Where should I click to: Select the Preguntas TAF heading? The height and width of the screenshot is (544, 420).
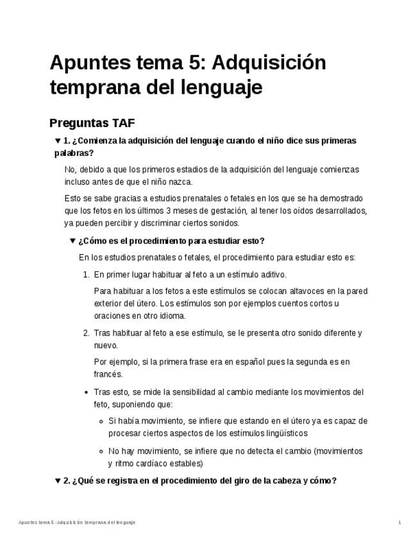pyautogui.click(x=92, y=123)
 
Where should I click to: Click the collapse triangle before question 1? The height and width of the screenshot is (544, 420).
pyautogui.click(x=58, y=140)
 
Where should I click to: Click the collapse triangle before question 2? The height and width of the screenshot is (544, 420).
pyautogui.click(x=58, y=480)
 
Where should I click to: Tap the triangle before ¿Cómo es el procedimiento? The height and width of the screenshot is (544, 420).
pyautogui.click(x=72, y=241)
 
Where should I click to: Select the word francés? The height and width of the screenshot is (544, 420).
pyautogui.click(x=108, y=374)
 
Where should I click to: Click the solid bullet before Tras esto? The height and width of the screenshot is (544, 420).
pyautogui.click(x=87, y=392)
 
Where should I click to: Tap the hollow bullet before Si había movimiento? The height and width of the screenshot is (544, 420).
pyautogui.click(x=101, y=421)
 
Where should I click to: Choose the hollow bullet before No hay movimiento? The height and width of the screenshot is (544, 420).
pyautogui.click(x=101, y=451)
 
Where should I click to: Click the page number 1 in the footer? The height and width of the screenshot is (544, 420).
pyautogui.click(x=399, y=523)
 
